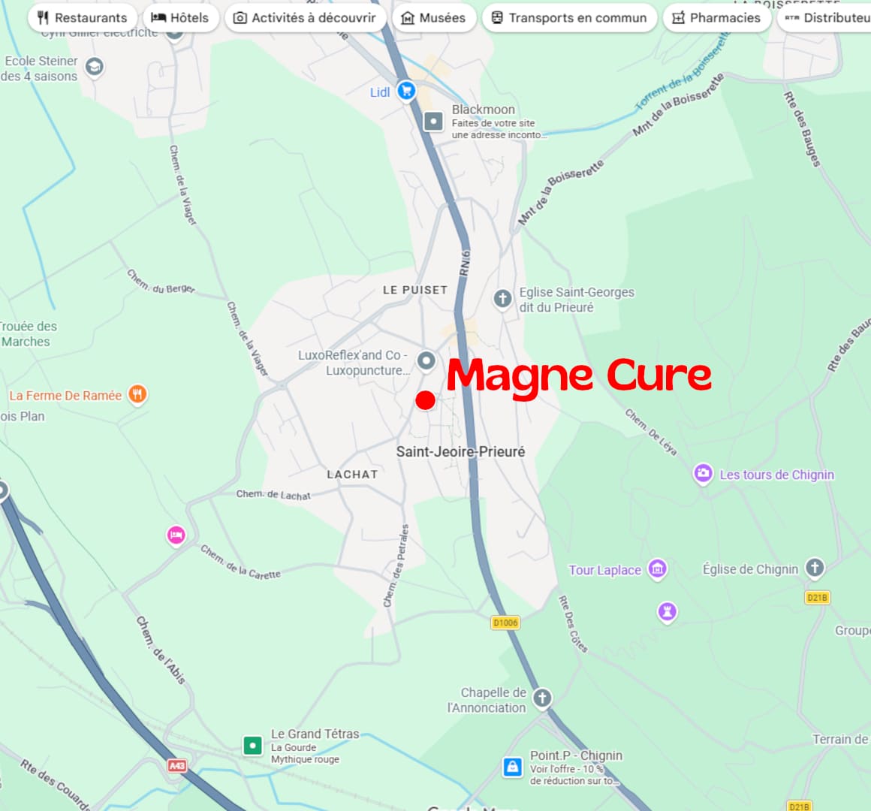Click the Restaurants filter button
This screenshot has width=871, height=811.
83,17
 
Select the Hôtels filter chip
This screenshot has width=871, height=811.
180,17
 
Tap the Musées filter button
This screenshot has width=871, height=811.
433,17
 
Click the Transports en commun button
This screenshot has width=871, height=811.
568,17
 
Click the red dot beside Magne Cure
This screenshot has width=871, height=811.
425,400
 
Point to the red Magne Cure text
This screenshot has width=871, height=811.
578,375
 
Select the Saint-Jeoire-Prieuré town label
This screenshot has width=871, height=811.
460,451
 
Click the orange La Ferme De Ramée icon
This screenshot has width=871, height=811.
137,394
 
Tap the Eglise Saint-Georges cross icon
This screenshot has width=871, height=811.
502,299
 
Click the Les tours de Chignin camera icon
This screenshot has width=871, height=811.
703,474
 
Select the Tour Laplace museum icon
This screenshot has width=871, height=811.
658,569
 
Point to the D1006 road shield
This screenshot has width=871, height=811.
505,623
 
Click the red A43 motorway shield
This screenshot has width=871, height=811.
176,765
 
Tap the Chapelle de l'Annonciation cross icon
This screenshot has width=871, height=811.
541,698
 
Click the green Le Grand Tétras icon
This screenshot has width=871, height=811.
252,746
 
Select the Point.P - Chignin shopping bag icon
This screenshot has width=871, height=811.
512,767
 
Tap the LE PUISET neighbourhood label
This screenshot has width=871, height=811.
414,290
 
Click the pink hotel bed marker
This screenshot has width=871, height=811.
176,535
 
